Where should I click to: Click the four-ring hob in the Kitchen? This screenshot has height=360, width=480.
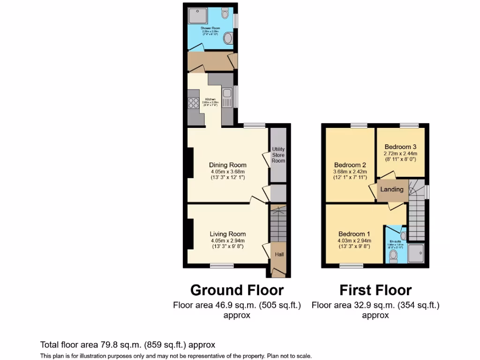pyautogui.click(x=193, y=103)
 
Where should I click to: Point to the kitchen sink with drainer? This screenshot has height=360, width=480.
pyautogui.click(x=227, y=99)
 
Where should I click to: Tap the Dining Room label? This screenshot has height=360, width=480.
pyautogui.click(x=228, y=165)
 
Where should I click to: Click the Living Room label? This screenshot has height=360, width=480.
pyautogui.click(x=228, y=234)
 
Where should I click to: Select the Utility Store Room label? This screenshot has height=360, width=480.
pyautogui.click(x=278, y=155)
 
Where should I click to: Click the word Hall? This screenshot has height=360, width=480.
pyautogui.click(x=279, y=255)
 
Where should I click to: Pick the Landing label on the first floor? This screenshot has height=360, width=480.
pyautogui.click(x=391, y=189)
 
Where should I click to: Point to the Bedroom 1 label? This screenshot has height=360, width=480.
pyautogui.click(x=354, y=234)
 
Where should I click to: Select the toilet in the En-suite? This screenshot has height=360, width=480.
pyautogui.click(x=394, y=256)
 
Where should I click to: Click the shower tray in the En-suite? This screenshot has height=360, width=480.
pyautogui.click(x=415, y=253)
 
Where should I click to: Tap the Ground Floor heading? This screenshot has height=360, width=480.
pyautogui.click(x=237, y=290)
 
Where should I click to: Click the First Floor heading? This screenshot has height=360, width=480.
pyautogui.click(x=375, y=290)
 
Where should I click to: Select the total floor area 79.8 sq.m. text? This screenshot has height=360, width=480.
pyautogui.click(x=127, y=345)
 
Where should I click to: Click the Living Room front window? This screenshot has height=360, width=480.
pyautogui.click(x=221, y=266)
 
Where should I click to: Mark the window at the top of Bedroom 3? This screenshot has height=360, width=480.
pyautogui.click(x=409, y=125)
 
